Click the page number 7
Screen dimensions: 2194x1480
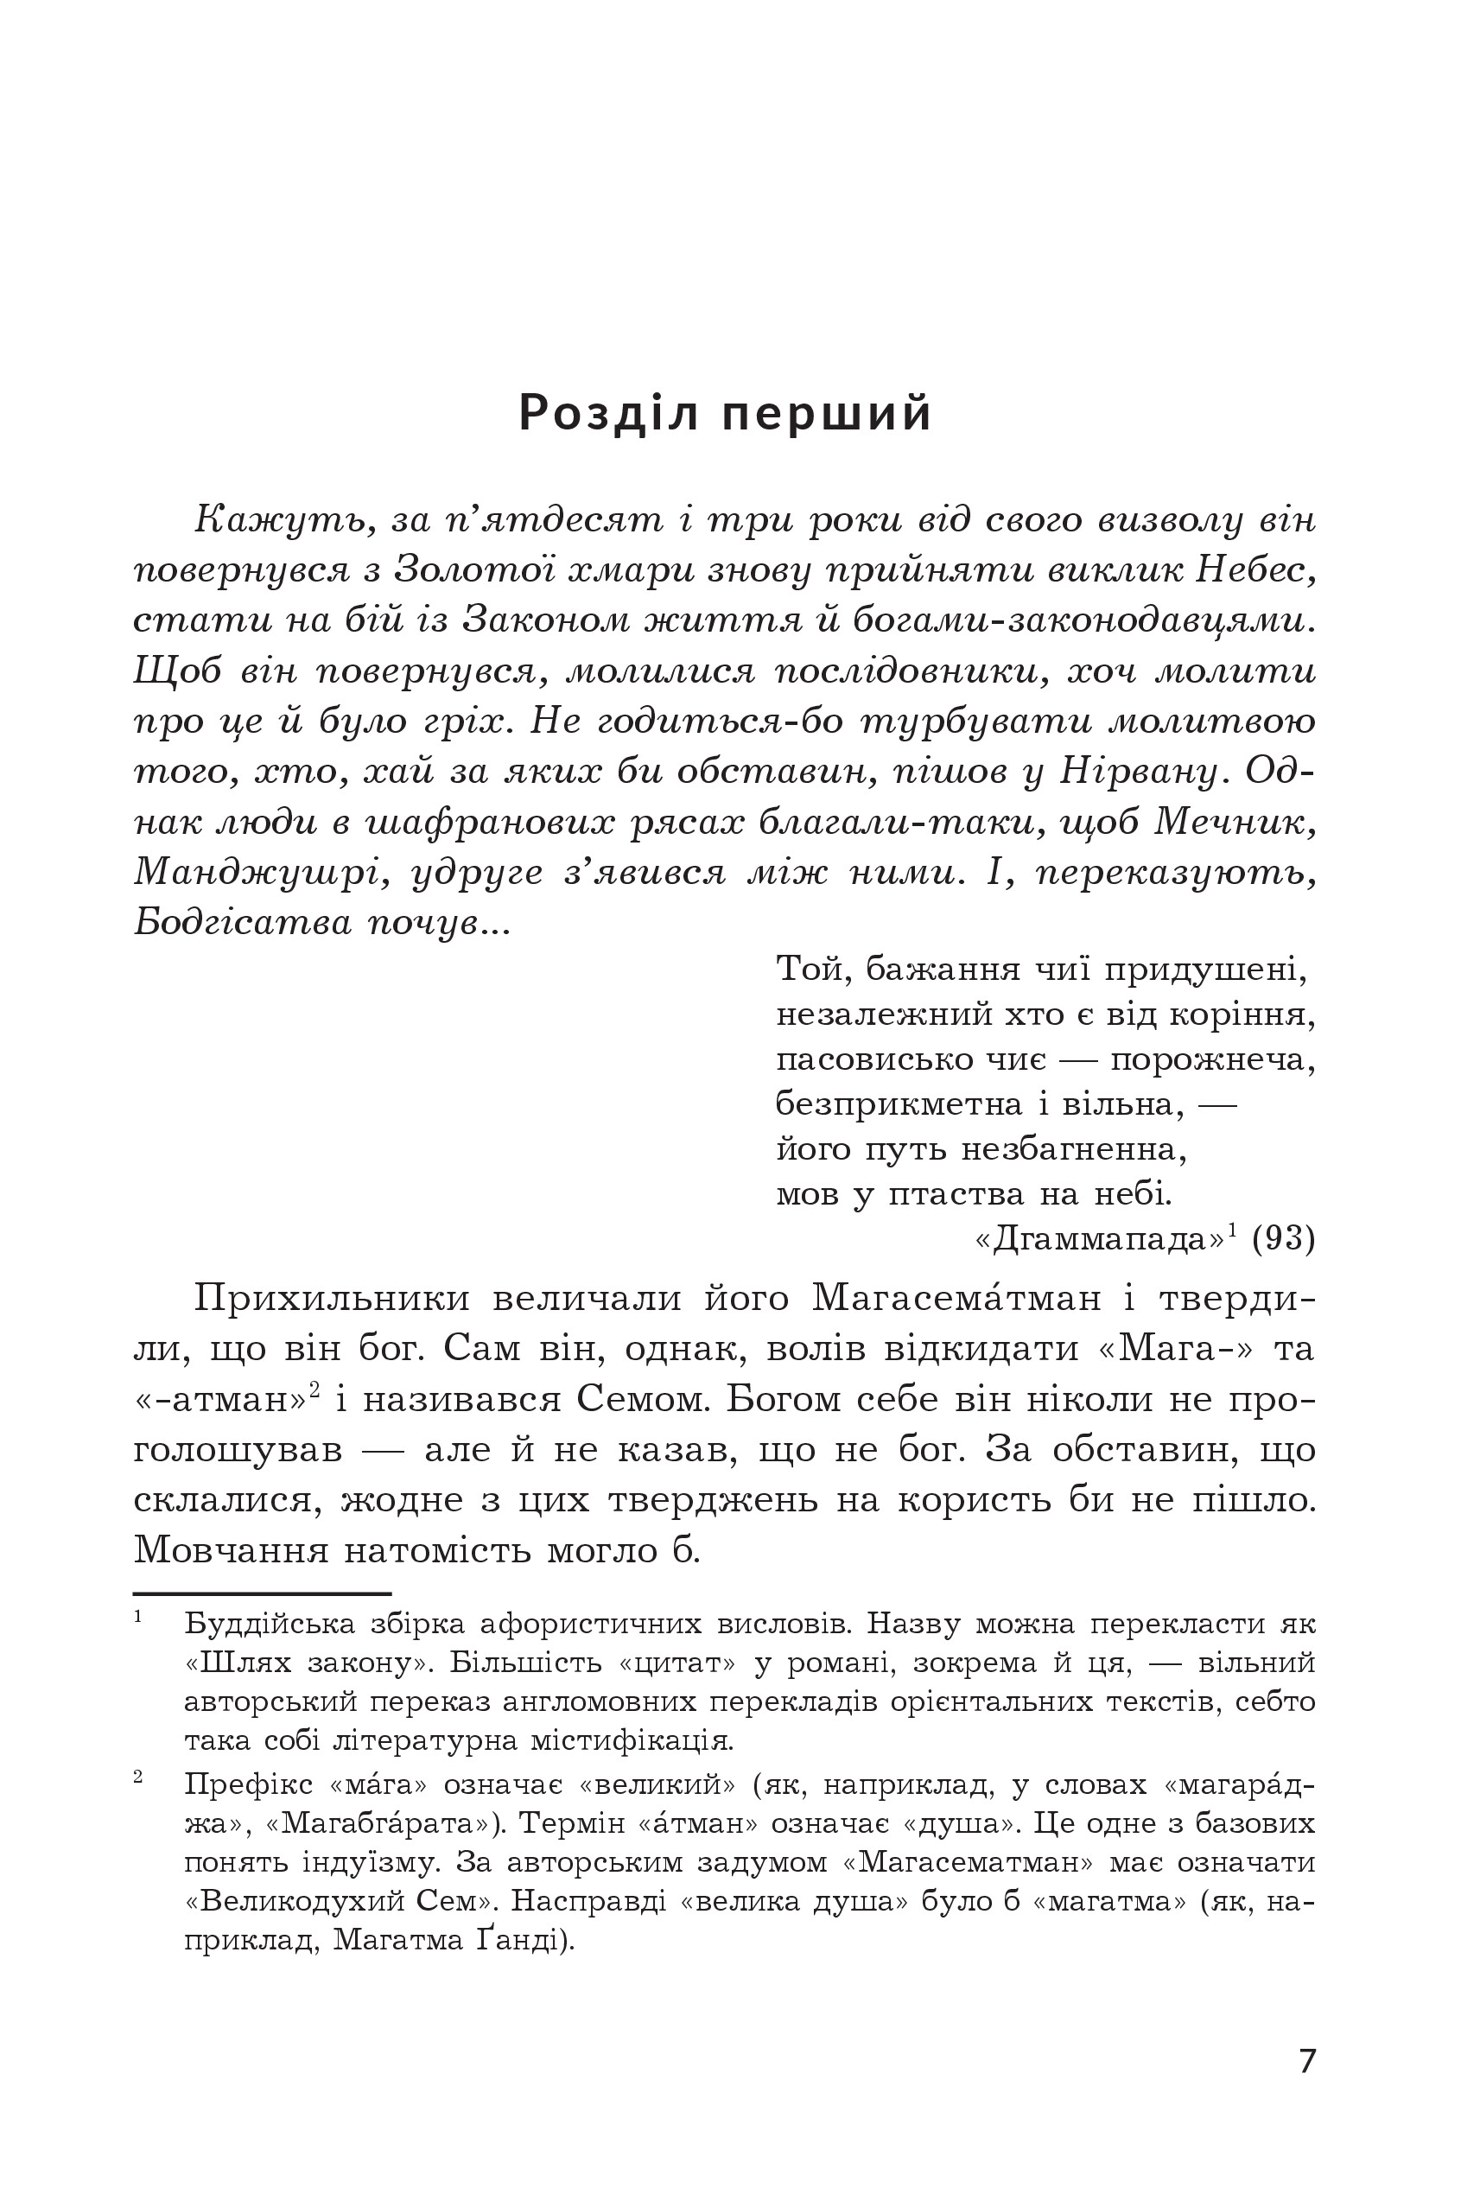pos(1306,2060)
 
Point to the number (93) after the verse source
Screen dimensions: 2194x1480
pos(1283,1238)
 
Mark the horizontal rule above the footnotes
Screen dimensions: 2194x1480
pos(263,1593)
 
